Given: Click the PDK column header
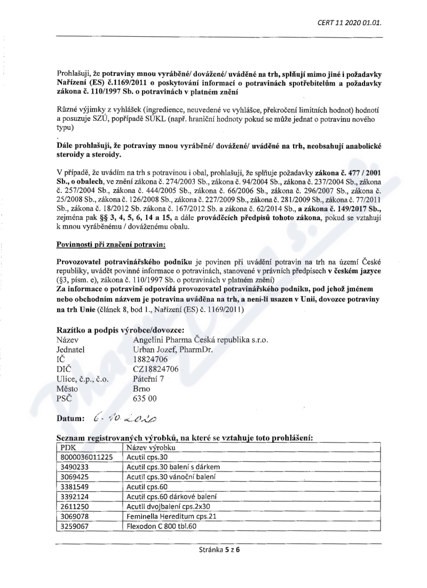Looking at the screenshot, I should coord(69,447).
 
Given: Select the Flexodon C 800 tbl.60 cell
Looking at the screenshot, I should coord(162,527).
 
